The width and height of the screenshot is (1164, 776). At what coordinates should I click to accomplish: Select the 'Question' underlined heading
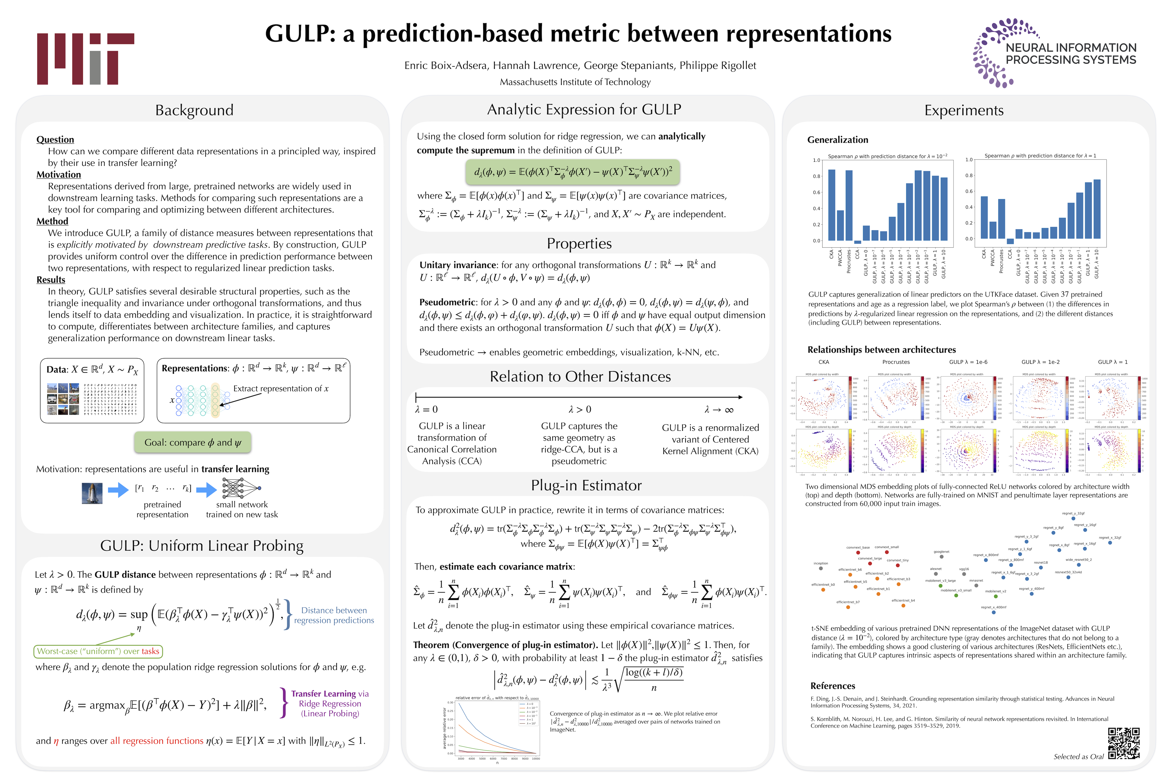[55, 140]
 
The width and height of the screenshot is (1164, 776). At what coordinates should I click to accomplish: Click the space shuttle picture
[92, 493]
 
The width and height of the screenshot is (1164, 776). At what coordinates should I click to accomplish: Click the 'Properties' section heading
[579, 244]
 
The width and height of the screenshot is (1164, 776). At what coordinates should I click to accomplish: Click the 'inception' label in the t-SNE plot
[820, 563]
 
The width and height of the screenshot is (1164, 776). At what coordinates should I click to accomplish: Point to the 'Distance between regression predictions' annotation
[334, 615]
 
